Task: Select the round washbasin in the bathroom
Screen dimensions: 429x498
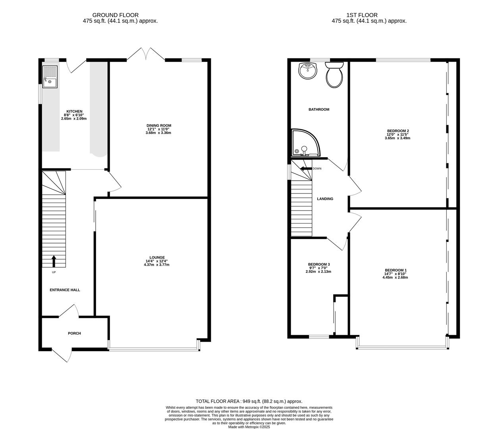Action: tap(308, 71)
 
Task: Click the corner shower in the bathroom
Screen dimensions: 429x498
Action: tap(304, 143)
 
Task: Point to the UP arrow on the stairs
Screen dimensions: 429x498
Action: tap(54, 261)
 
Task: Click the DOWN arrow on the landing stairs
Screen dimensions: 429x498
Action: tap(306, 168)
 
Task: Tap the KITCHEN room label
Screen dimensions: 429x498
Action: tap(74, 111)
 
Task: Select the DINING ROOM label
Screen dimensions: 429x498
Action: tap(159, 126)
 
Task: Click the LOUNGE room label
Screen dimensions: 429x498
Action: tap(157, 257)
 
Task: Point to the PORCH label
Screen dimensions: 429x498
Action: tap(74, 333)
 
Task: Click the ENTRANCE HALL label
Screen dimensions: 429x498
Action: tap(65, 290)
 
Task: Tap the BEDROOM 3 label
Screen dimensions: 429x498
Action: tap(319, 265)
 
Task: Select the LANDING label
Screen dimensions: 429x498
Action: tap(325, 199)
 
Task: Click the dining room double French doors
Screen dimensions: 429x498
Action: tap(146, 55)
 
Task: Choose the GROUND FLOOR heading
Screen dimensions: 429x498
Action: tap(116, 15)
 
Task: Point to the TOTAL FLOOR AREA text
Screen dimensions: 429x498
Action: tap(249, 402)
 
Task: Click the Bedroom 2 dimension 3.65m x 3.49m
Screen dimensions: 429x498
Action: tap(398, 138)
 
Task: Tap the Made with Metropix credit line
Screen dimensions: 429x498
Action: tap(249, 427)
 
